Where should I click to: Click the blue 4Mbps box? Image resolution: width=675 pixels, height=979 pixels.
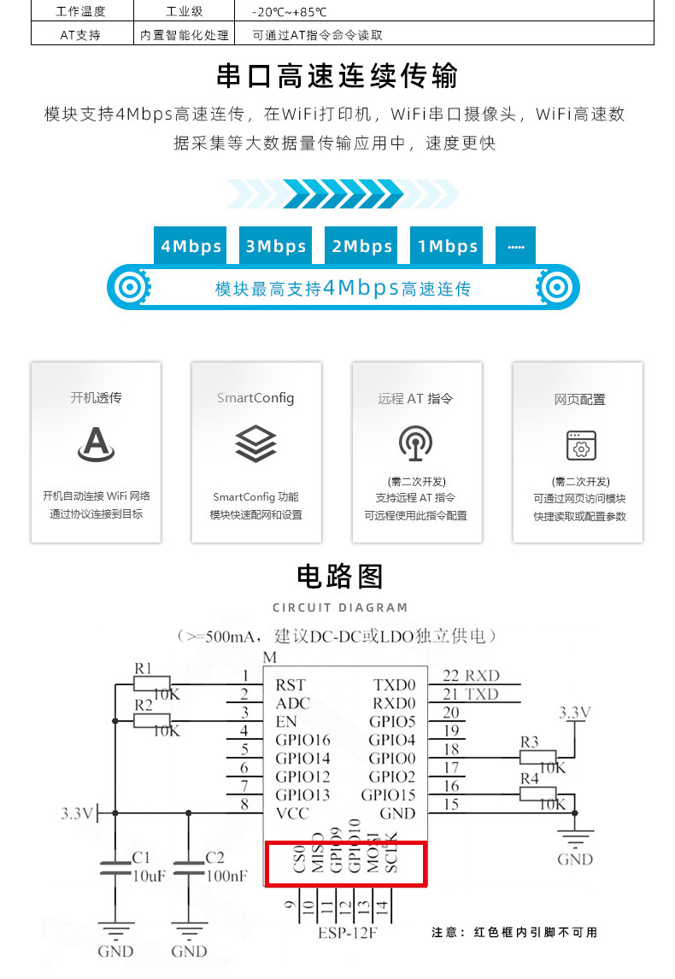pyautogui.click(x=190, y=246)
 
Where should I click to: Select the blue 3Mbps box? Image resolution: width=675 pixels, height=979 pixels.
pyautogui.click(x=275, y=246)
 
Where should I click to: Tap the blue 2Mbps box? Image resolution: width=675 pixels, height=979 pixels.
pyautogui.click(x=361, y=246)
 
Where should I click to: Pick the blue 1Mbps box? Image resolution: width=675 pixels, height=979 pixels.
pyautogui.click(x=447, y=246)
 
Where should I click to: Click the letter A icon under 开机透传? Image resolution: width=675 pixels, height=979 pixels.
pyautogui.click(x=96, y=444)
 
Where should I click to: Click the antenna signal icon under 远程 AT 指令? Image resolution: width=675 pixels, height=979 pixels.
pyautogui.click(x=416, y=443)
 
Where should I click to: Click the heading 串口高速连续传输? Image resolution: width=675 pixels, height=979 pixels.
pyautogui.click(x=337, y=75)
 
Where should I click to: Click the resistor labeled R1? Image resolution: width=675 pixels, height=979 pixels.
pyautogui.click(x=158, y=683)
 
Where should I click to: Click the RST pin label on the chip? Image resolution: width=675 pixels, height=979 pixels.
pyautogui.click(x=290, y=685)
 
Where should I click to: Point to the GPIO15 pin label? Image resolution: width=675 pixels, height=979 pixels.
pyautogui.click(x=388, y=795)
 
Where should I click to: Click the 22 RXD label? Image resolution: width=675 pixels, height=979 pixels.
pyautogui.click(x=471, y=676)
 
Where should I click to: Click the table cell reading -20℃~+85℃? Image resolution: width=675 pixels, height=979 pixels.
pyautogui.click(x=290, y=13)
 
